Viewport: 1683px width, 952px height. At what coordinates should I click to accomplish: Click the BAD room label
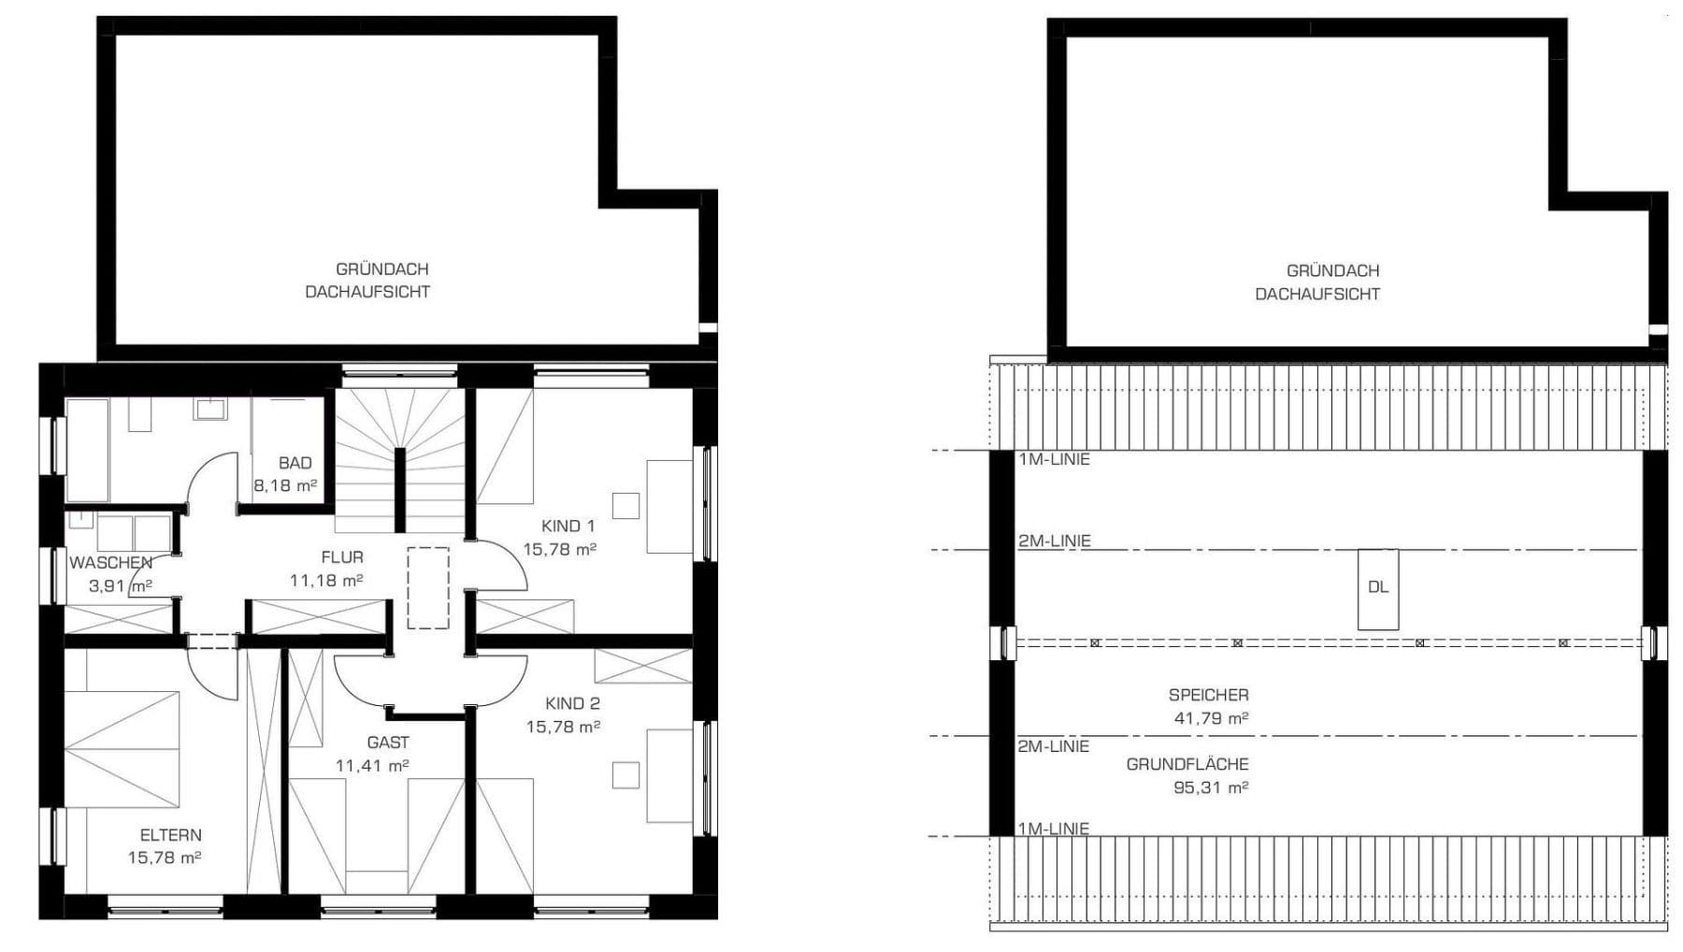(x=295, y=463)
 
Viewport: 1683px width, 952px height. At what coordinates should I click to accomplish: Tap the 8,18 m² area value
(x=285, y=486)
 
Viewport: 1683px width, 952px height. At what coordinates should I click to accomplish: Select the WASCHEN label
(x=110, y=563)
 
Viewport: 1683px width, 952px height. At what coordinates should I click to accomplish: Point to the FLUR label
(x=342, y=557)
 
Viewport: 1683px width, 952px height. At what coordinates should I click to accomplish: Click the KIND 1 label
(x=568, y=526)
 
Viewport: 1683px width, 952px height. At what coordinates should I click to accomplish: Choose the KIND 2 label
(x=572, y=704)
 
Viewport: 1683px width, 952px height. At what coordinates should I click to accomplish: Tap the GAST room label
(x=388, y=743)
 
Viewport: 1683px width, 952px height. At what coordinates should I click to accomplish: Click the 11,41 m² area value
(x=372, y=766)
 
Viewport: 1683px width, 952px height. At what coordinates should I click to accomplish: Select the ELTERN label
(x=170, y=835)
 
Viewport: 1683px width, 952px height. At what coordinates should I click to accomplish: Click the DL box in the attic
(x=1378, y=588)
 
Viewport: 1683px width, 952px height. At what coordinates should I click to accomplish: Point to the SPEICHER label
(x=1208, y=695)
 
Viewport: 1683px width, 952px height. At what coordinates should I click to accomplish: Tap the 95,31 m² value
(x=1211, y=787)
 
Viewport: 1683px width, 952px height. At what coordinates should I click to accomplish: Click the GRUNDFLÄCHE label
(x=1187, y=764)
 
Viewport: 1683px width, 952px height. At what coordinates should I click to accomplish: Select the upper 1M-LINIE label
(x=1054, y=459)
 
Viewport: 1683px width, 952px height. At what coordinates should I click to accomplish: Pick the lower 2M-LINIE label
(x=1054, y=746)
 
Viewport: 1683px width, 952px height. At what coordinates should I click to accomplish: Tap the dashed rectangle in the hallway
(x=428, y=587)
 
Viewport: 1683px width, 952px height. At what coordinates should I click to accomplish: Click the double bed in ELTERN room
(x=122, y=748)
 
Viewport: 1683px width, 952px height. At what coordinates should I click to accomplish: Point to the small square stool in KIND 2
(x=626, y=775)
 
